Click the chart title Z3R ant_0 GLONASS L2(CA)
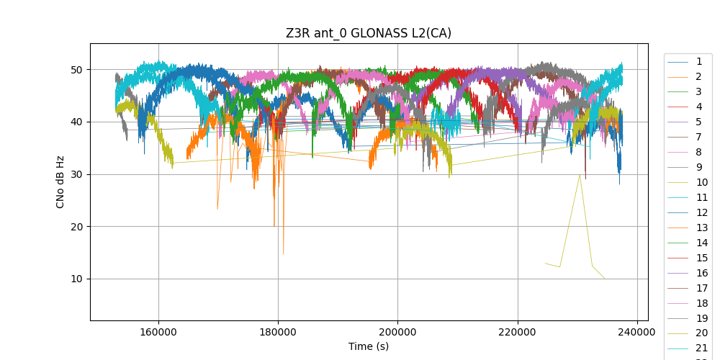(369, 34)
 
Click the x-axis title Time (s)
(369, 346)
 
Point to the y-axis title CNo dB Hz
(60, 181)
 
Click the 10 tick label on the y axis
(75, 279)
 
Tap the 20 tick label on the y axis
(75, 226)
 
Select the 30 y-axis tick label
(75, 174)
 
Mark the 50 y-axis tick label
(75, 70)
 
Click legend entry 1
(698, 61)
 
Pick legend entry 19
(698, 318)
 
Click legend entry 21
(698, 348)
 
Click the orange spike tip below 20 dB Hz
(283, 254)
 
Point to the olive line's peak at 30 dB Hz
(580, 174)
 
